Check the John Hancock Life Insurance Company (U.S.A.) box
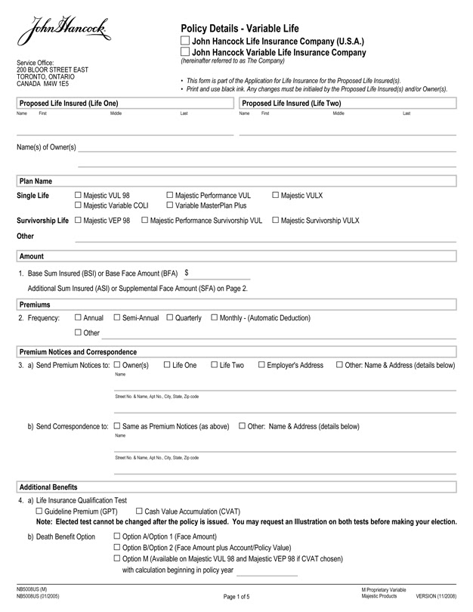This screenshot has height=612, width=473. pos(186,41)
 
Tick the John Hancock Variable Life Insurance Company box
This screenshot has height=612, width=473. pos(186,52)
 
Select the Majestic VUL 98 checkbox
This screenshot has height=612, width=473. pos(79,196)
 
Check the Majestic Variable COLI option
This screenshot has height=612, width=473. pos(79,206)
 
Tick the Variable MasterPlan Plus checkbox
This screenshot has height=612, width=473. pos(169,206)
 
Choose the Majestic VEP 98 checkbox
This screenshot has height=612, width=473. pos(79,221)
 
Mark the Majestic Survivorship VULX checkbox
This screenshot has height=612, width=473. pos(275,221)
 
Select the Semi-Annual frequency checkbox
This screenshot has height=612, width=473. pos(116,318)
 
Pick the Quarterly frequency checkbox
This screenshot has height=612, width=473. pos(169,318)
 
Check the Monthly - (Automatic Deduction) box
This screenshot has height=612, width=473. pos(214,318)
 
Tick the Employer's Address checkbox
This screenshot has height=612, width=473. pos(261,366)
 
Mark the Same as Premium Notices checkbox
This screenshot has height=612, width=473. pos(116,426)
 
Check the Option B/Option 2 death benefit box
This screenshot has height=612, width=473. pos(116,547)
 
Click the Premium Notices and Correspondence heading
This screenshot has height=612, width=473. pos(77,352)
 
